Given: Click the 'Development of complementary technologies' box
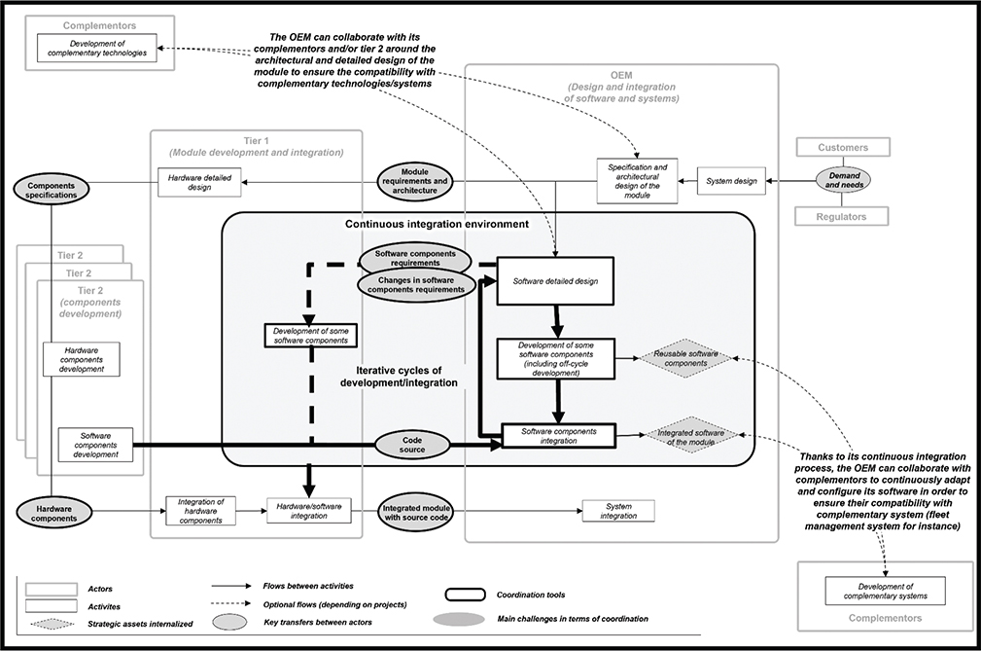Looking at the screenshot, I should [x=96, y=48].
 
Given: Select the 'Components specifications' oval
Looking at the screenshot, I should [x=51, y=187].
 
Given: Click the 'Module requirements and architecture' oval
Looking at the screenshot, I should [x=414, y=180].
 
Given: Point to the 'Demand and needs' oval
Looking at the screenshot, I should [x=843, y=180].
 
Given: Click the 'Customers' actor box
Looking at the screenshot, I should [x=843, y=147].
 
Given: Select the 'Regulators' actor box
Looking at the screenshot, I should [x=843, y=216].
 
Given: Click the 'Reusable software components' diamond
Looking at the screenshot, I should [x=685, y=358].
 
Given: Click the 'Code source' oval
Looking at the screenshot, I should [x=413, y=445].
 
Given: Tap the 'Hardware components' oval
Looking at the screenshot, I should [x=51, y=512].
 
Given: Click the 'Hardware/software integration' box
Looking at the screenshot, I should [x=307, y=511].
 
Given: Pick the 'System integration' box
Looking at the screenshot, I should [x=618, y=511].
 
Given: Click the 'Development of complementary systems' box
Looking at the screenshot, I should [x=884, y=590].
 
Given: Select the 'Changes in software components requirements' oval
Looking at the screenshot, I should [x=416, y=283].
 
